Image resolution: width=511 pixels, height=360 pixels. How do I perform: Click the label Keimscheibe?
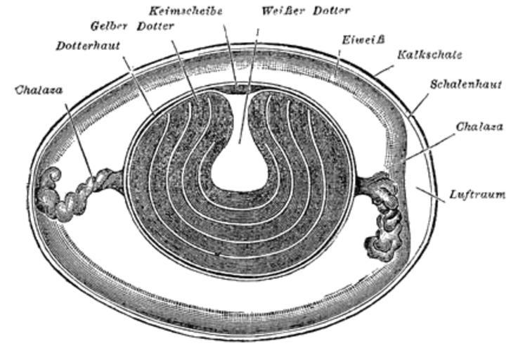coord(186,11)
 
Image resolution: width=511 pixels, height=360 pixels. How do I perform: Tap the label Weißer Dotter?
coord(306,11)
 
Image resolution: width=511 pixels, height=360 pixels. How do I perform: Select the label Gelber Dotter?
coord(132,26)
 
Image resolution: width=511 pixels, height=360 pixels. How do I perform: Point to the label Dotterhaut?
coord(88,46)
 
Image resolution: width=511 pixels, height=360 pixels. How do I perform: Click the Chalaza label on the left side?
coord(39,90)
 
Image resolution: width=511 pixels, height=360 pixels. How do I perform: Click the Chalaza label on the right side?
coord(479,127)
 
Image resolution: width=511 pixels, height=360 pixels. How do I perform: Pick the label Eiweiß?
coord(363,40)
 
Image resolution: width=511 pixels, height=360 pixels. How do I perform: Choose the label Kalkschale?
coord(430,54)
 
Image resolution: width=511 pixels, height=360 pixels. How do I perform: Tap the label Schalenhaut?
coord(466,84)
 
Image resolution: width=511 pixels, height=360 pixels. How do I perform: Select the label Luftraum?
coord(477,195)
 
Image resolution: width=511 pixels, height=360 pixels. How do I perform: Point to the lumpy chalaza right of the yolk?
coord(381,215)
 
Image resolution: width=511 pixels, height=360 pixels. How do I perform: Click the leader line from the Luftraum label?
coord(431,195)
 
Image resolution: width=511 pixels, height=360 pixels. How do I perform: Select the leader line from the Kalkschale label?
coord(384,70)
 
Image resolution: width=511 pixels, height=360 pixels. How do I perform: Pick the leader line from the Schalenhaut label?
coord(419,104)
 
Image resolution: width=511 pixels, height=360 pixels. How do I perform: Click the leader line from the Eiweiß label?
coord(338,61)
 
